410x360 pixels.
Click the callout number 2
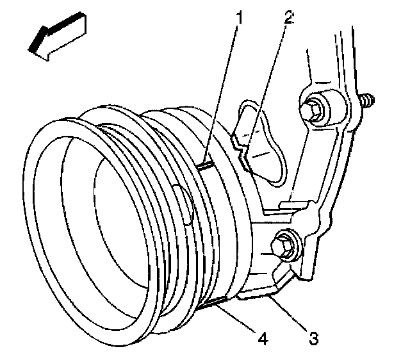coord(288,17)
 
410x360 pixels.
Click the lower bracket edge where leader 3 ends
coord(270,293)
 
